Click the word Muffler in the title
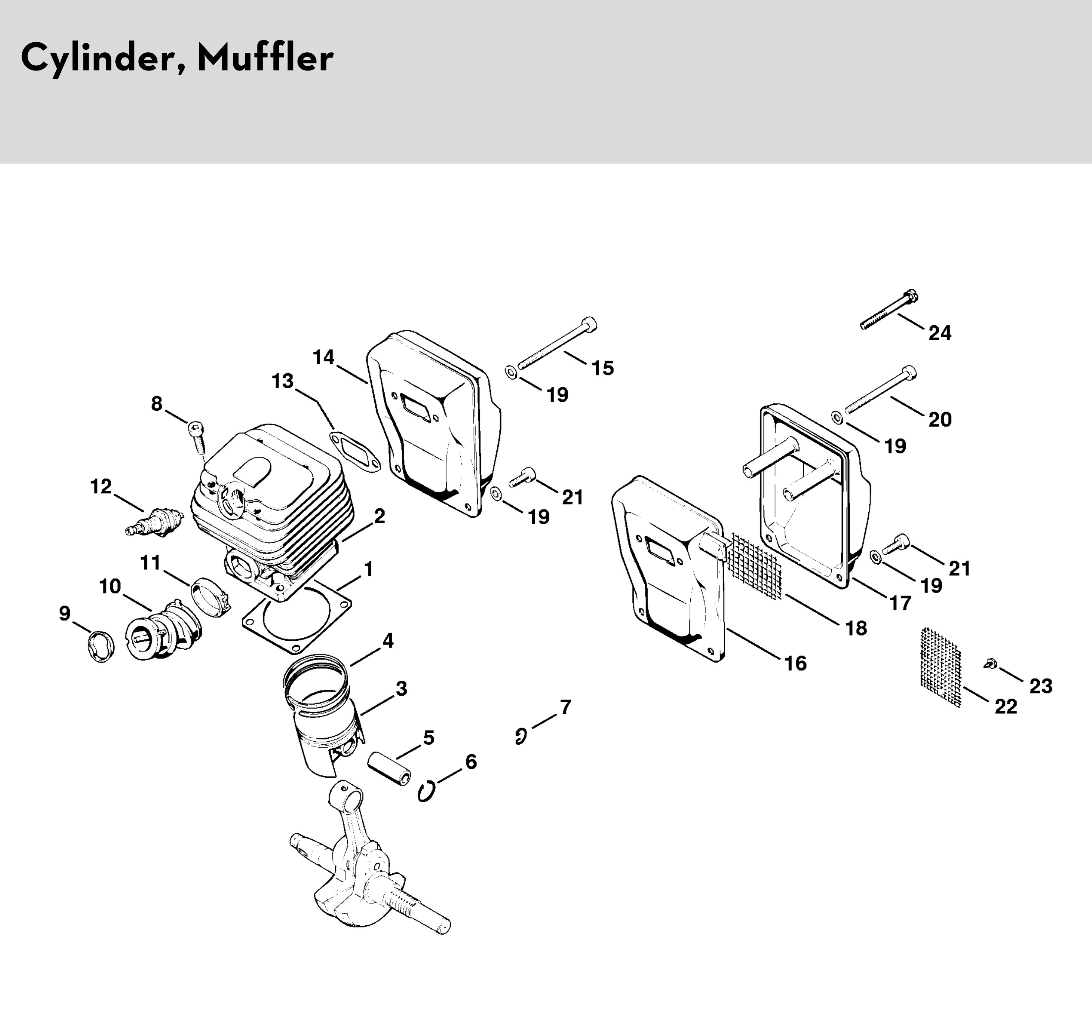click(265, 57)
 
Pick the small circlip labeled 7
click(520, 736)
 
